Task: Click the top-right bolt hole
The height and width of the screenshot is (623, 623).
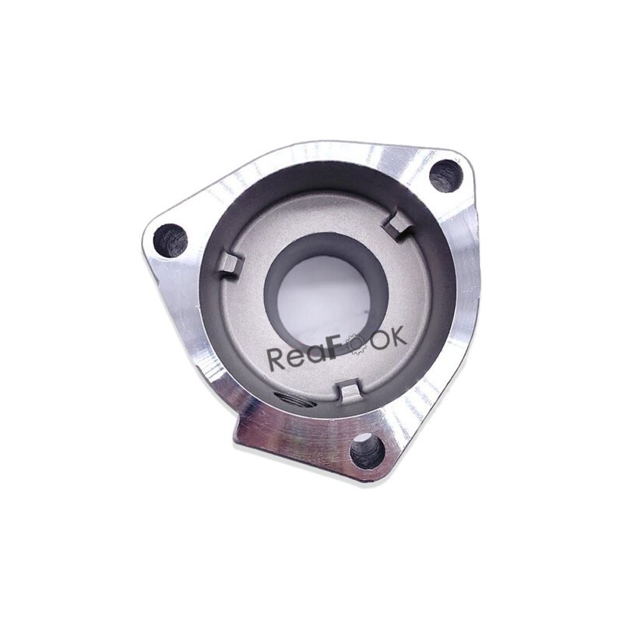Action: (445, 176)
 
